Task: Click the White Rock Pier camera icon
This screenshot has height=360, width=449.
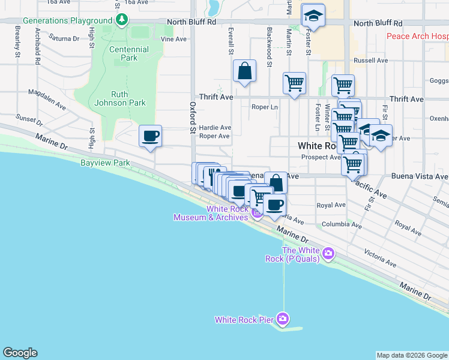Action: click(283, 319)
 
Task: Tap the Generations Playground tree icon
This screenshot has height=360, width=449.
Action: click(122, 20)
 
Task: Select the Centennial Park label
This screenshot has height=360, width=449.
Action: click(129, 53)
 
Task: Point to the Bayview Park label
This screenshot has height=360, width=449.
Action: click(106, 163)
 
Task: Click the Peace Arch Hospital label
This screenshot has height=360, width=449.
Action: click(417, 37)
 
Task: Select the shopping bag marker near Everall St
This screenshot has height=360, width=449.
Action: click(244, 70)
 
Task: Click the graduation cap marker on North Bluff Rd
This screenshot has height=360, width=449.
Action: click(313, 16)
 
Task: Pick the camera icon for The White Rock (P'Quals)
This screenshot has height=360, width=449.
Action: click(328, 253)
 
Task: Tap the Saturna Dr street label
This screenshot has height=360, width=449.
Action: click(64, 38)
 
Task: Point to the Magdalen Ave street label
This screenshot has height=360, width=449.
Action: click(47, 99)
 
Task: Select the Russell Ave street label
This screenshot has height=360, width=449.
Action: click(371, 61)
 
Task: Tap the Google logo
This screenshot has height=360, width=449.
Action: click(20, 353)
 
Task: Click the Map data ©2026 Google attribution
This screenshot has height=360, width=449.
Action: click(412, 355)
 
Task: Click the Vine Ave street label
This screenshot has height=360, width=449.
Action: click(173, 39)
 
